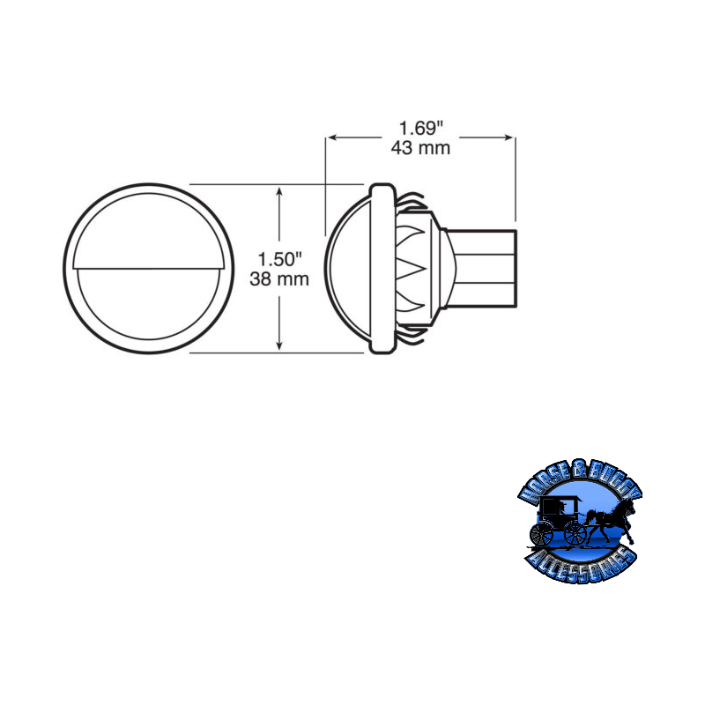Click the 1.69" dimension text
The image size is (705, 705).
pyautogui.click(x=420, y=127)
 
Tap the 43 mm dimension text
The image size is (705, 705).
pyautogui.click(x=420, y=148)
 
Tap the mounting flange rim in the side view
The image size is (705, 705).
pyautogui.click(x=381, y=269)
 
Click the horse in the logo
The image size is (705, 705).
pyautogui.click(x=613, y=524)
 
